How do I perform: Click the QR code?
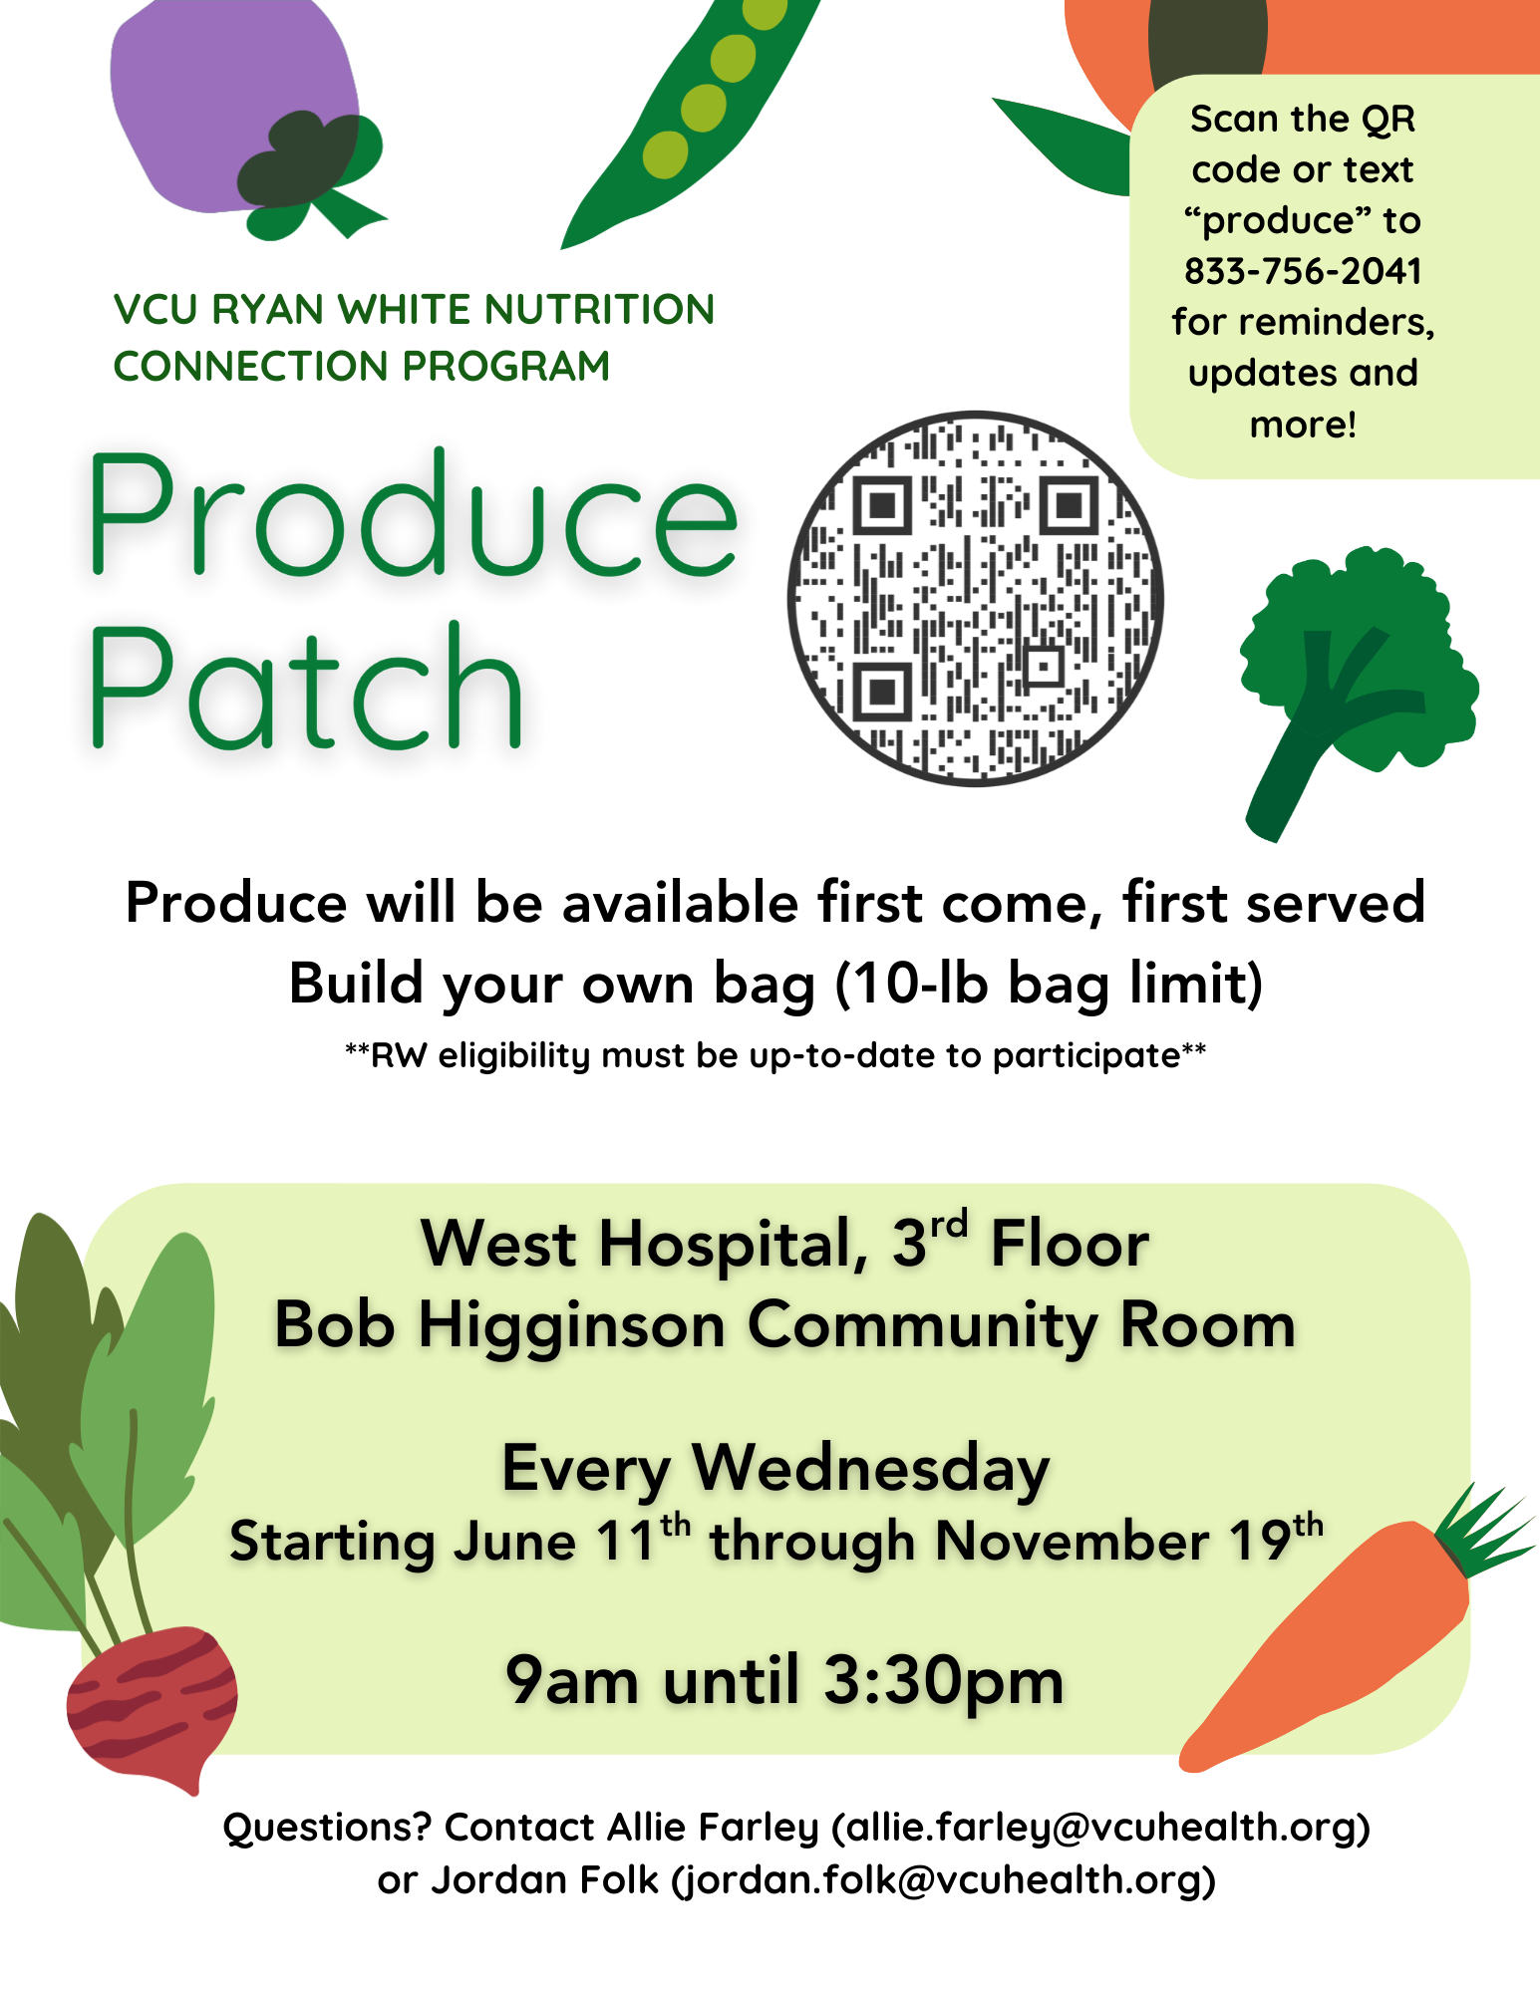point(976,599)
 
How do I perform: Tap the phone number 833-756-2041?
point(1303,271)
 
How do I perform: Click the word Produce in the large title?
point(414,515)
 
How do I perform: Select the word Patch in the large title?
point(306,686)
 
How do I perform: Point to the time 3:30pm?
point(943,1681)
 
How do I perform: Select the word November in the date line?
point(1073,1542)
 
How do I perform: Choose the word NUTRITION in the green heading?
point(599,309)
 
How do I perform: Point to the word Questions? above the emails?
point(327,1828)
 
